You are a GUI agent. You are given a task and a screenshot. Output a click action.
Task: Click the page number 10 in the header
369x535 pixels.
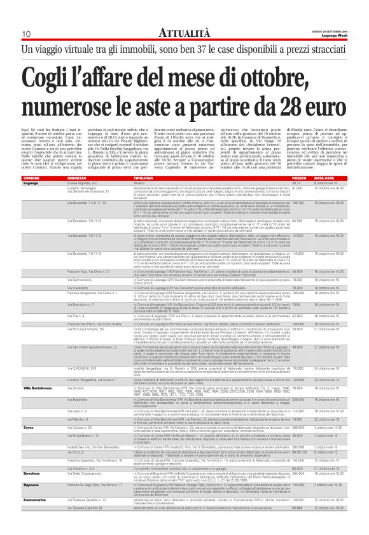tap(26, 34)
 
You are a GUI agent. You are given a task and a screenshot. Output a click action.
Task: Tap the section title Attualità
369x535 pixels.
tap(184, 32)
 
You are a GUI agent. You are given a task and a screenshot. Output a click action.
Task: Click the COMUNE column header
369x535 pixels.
tap(31, 179)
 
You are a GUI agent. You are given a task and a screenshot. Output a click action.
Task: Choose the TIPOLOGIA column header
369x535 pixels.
tap(143, 179)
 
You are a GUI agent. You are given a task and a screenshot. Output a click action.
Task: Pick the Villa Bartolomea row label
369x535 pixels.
tap(37, 387)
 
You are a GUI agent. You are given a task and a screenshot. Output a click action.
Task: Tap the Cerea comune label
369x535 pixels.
tap(29, 428)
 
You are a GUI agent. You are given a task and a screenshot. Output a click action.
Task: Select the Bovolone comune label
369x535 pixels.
tap(32, 473)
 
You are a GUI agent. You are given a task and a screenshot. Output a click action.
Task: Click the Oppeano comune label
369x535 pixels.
tap(32, 484)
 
